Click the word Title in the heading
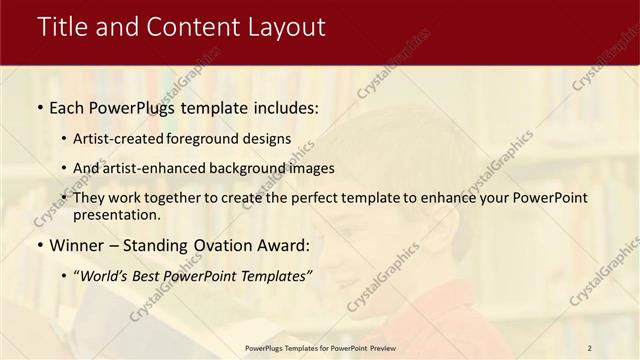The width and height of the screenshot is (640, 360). coord(65,27)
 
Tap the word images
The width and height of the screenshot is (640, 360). coord(312,168)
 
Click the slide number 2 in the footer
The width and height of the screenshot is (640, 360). coord(590,347)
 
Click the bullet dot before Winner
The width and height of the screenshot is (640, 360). coord(39,244)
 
